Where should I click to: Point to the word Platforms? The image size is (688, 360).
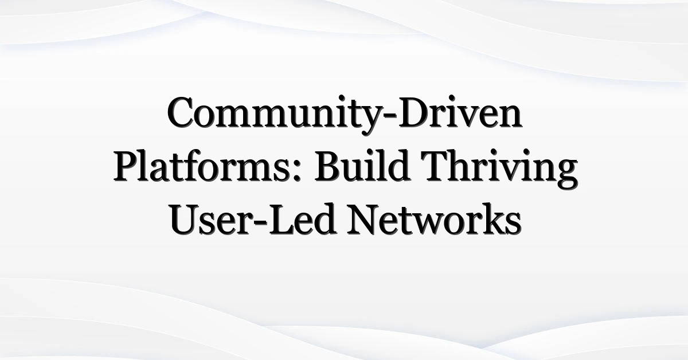pyautogui.click(x=205, y=168)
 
